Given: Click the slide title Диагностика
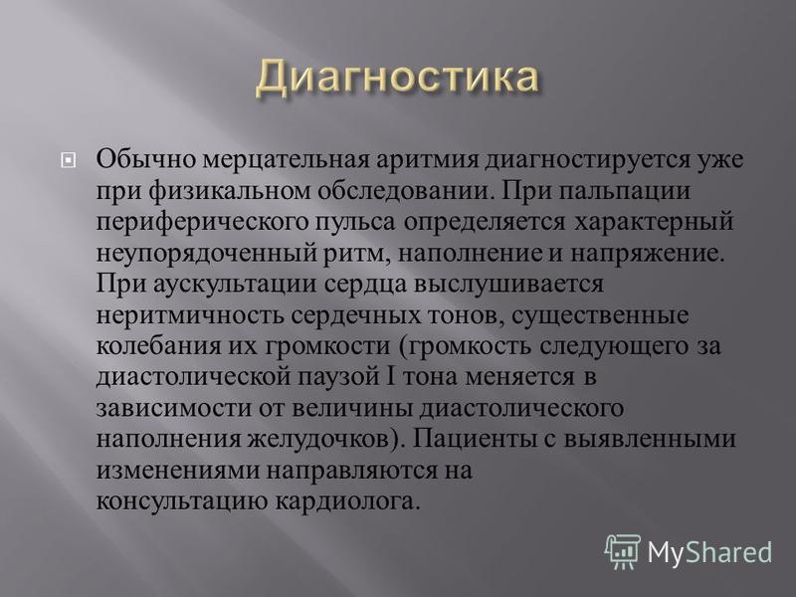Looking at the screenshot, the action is click(396, 78).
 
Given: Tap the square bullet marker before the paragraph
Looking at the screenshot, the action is click(68, 161).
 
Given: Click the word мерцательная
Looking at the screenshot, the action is click(286, 160).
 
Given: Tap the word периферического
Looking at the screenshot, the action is click(202, 223).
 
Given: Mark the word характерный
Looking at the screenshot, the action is click(654, 223).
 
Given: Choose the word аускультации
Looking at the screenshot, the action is click(235, 285).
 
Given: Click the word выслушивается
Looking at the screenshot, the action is click(509, 285).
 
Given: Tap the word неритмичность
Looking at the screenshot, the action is click(190, 315).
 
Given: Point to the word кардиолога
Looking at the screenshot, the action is click(348, 502).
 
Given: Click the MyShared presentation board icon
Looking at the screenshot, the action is click(623, 551).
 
